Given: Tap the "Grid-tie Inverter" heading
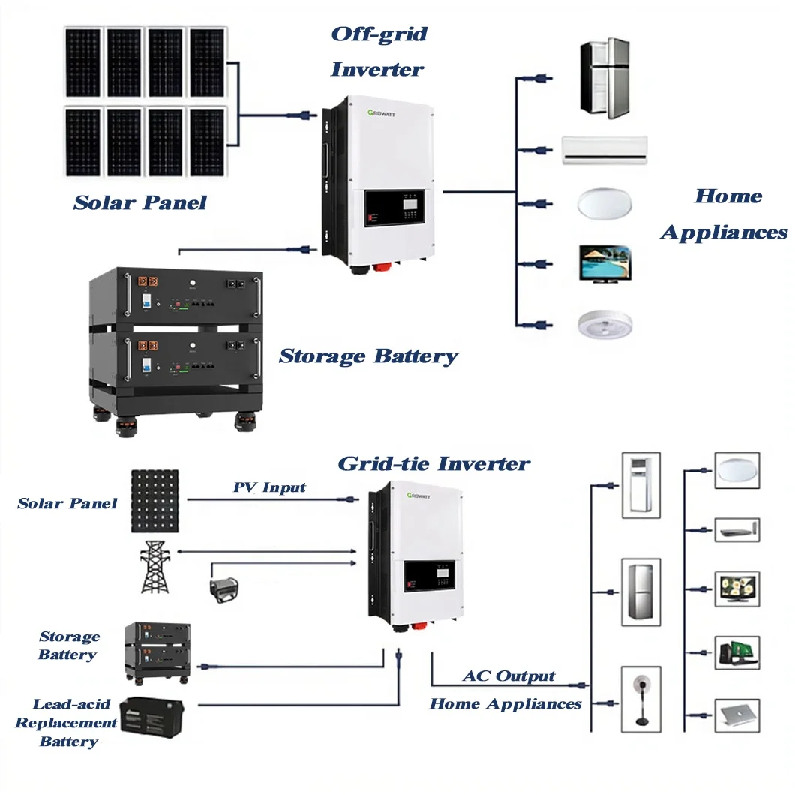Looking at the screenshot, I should (x=433, y=463).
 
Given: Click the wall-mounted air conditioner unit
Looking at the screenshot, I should (x=604, y=150).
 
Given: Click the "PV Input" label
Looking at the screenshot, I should (x=269, y=487).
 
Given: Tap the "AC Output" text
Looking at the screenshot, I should (x=508, y=676).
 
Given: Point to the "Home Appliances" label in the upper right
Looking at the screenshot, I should (x=724, y=214).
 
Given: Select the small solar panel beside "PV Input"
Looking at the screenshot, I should (x=155, y=501).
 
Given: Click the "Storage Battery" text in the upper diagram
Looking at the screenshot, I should (x=367, y=355).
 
